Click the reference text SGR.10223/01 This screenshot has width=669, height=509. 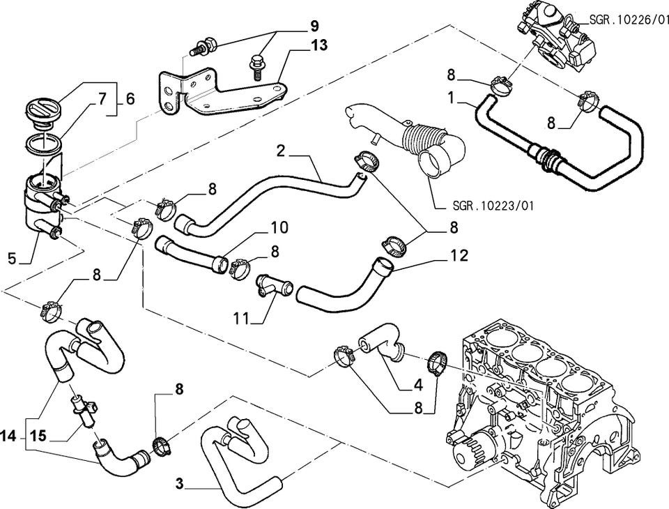(x=493, y=206)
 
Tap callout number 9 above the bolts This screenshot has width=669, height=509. (x=314, y=27)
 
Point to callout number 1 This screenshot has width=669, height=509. (x=453, y=99)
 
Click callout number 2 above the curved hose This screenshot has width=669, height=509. (x=281, y=150)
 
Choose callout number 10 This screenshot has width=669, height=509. (x=279, y=227)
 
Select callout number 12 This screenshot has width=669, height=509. (x=459, y=255)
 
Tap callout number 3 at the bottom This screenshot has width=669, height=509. (x=179, y=483)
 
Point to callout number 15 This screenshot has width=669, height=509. (x=38, y=437)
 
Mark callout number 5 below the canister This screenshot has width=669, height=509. (x=11, y=258)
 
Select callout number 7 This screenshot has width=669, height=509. (x=102, y=99)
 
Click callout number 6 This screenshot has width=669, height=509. (x=130, y=99)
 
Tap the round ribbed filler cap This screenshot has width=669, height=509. (x=44, y=109)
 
